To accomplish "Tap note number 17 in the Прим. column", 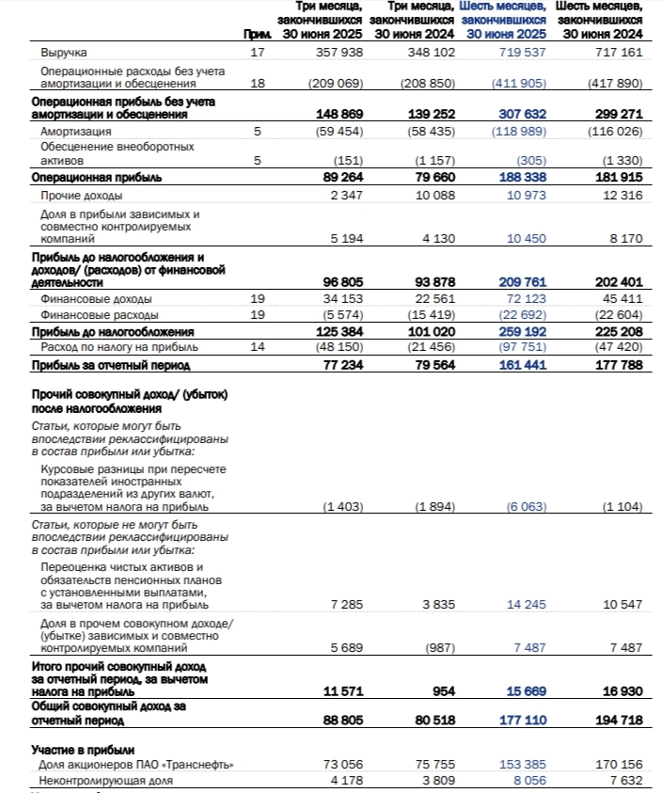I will [258, 53].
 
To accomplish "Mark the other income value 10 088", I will [434, 194].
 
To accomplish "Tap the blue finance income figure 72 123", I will [525, 298].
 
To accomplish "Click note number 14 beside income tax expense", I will [258, 348].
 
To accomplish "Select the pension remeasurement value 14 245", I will [526, 604].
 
